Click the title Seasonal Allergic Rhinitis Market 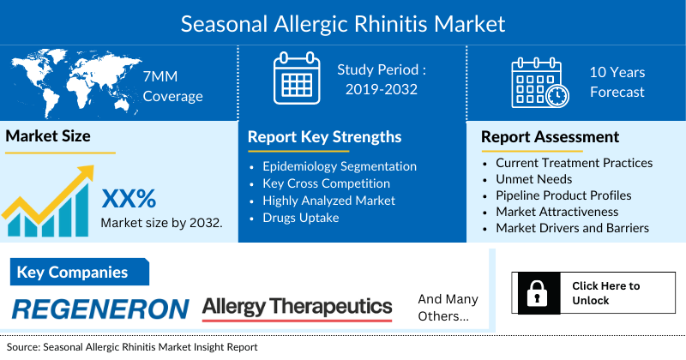pyautogui.click(x=343, y=22)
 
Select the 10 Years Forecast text pyautogui.click(x=617, y=82)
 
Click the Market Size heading pyautogui.click(x=48, y=135)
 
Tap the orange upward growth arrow pyautogui.click(x=51, y=193)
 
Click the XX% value pyautogui.click(x=129, y=199)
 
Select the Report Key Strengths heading pyautogui.click(x=324, y=137)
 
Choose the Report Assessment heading pyautogui.click(x=550, y=137)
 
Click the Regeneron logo pyautogui.click(x=101, y=309)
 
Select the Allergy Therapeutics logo pyautogui.click(x=297, y=308)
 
